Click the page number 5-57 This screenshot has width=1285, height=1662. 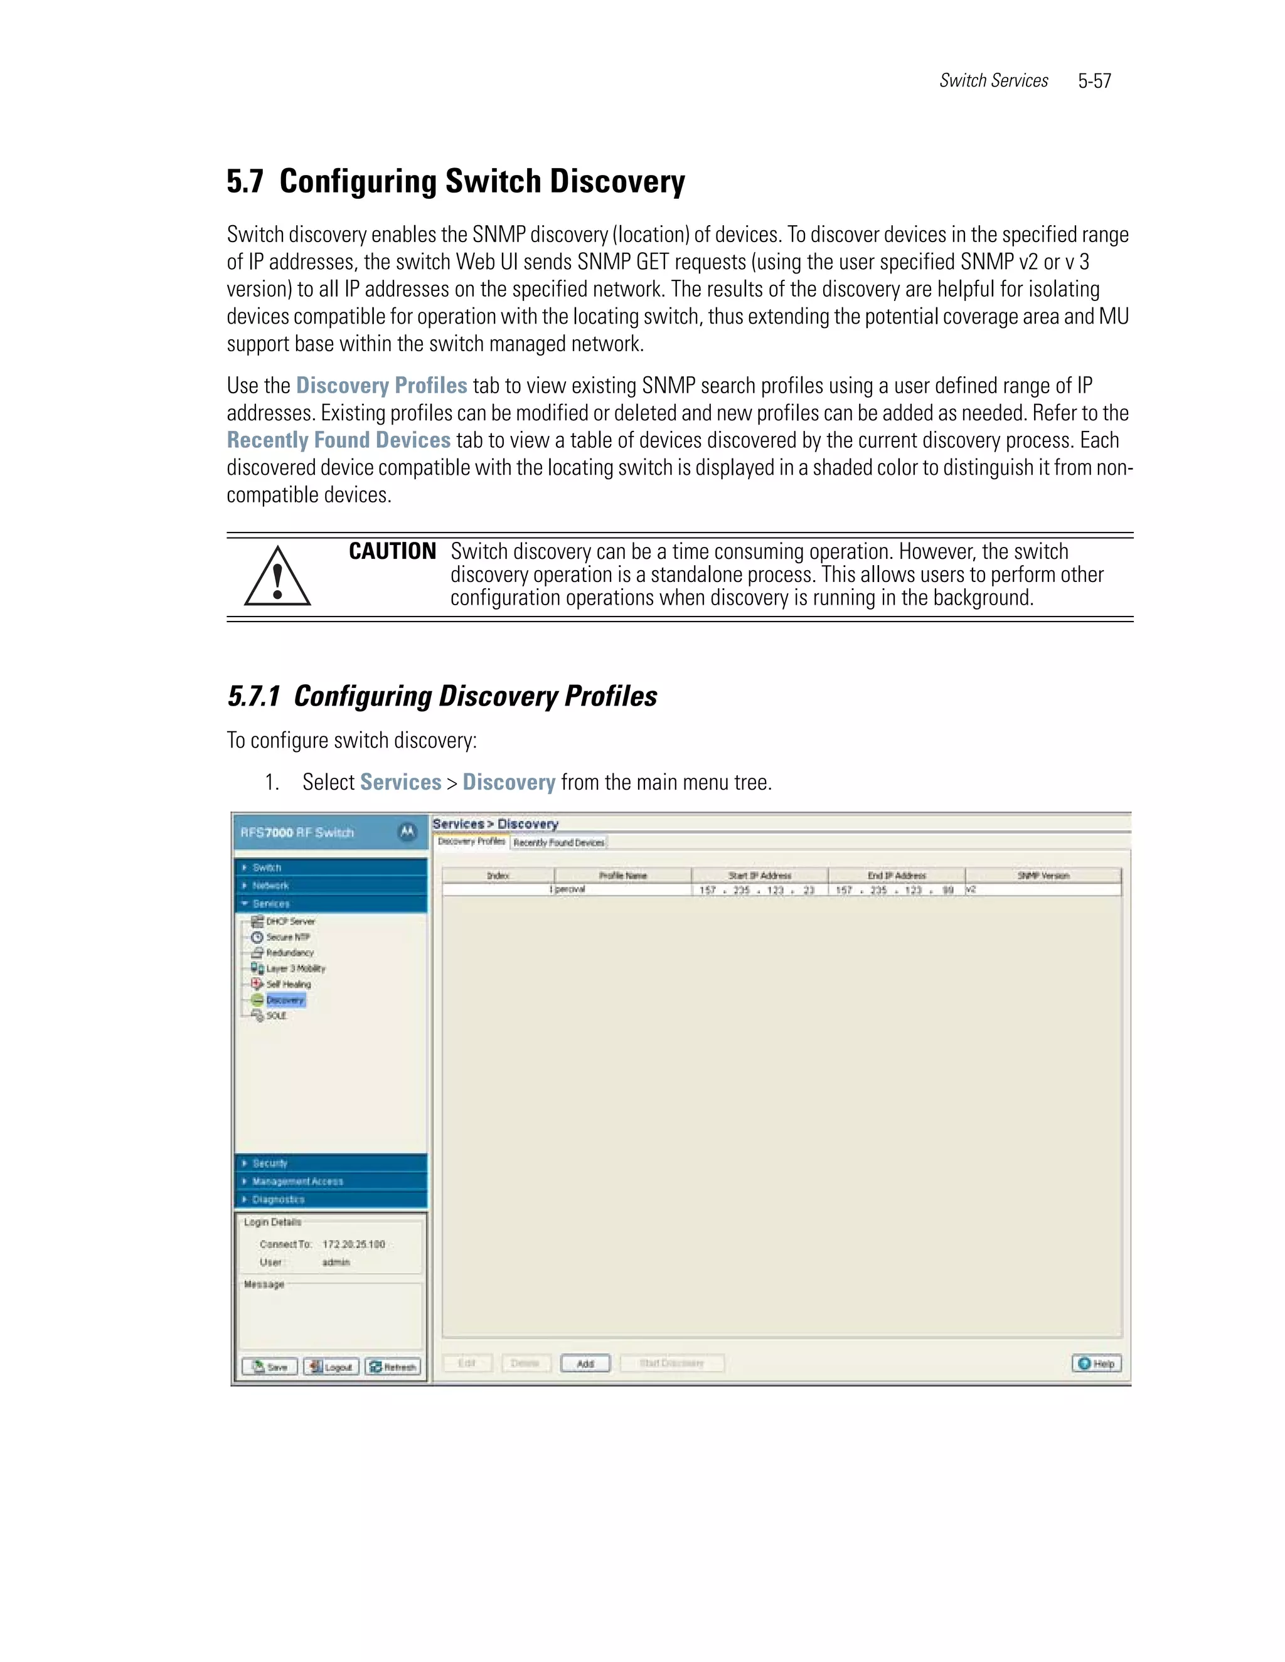[1094, 82]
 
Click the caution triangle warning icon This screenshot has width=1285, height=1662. [277, 578]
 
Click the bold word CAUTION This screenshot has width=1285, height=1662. [392, 552]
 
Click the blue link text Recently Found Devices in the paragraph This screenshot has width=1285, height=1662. [339, 441]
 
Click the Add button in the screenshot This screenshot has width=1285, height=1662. [585, 1363]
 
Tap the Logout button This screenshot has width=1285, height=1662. [331, 1367]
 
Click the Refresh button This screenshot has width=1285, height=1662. [393, 1367]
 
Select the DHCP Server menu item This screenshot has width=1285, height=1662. [289, 921]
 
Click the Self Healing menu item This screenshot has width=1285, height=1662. [288, 984]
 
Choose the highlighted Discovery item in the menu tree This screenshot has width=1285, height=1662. [285, 1000]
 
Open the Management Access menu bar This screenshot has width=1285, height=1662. [297, 1181]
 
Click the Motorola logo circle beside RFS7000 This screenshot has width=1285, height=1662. [407, 832]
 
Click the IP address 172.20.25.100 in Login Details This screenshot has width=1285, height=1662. [353, 1244]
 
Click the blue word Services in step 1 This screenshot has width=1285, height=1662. [400, 782]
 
